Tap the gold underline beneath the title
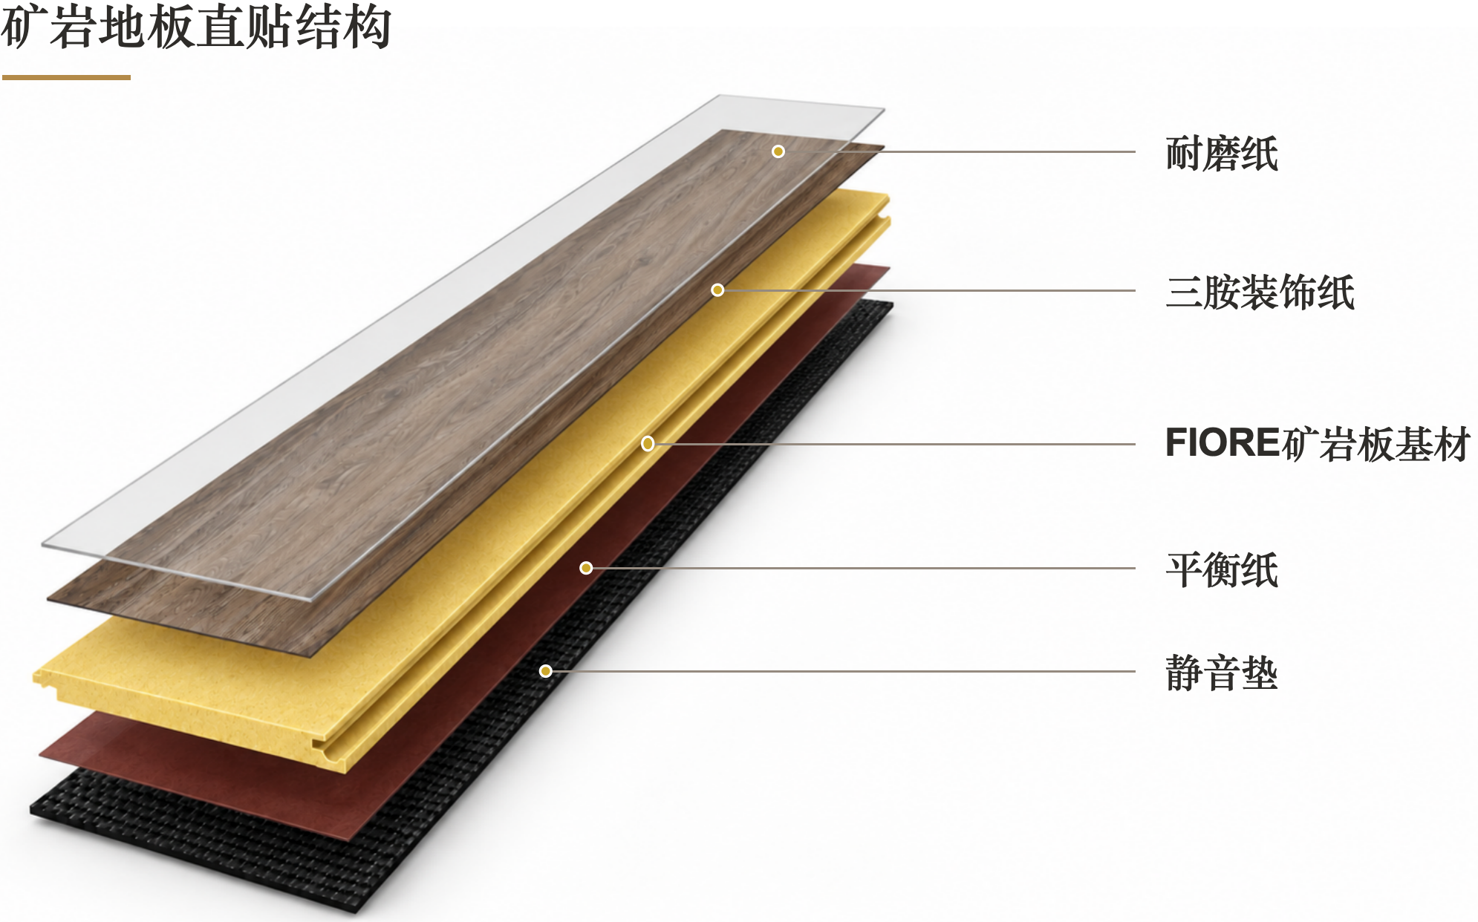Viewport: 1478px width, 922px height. (x=66, y=77)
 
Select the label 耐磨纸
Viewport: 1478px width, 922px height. (x=1222, y=154)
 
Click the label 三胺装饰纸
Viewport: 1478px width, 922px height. (x=1260, y=292)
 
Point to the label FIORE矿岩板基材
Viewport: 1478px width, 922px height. (x=1318, y=444)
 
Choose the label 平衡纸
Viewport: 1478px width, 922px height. (x=1222, y=569)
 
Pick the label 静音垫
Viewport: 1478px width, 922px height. (x=1222, y=673)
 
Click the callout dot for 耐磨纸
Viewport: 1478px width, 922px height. (x=778, y=151)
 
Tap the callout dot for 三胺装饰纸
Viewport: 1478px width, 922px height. (x=717, y=290)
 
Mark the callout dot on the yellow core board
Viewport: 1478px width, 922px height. (x=648, y=444)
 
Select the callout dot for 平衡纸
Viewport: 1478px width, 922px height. (x=586, y=569)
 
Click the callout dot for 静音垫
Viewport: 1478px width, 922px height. (x=546, y=671)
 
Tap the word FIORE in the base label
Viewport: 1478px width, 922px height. (x=1223, y=443)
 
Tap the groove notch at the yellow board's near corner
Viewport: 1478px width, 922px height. (x=331, y=750)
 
